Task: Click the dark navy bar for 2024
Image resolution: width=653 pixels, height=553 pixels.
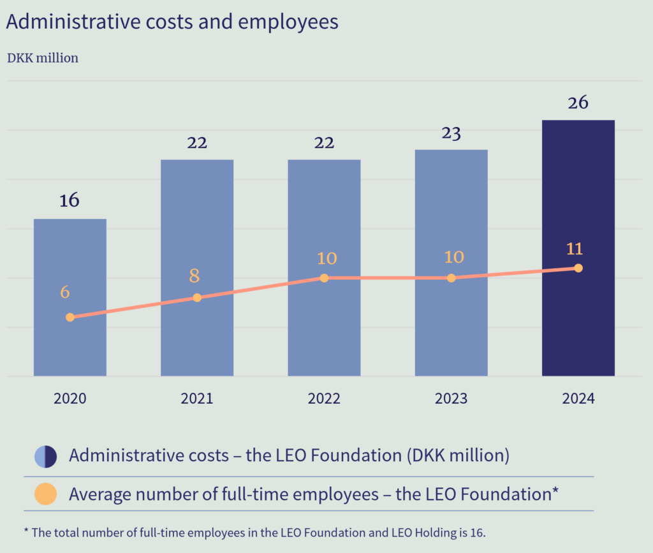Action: pos(578,191)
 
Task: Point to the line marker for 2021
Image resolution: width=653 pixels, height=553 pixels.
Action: pos(197,298)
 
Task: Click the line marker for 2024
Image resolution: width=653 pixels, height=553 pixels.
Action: pos(578,268)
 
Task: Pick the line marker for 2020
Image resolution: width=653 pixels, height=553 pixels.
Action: pos(70,317)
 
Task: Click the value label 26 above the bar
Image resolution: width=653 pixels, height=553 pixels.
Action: pos(578,103)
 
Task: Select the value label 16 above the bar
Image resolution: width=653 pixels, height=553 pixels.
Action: pos(70,200)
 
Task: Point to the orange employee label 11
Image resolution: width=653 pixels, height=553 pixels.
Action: pos(575,249)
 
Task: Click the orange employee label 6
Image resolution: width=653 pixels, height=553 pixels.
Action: pos(65,292)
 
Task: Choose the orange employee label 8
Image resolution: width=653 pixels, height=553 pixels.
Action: pos(194,276)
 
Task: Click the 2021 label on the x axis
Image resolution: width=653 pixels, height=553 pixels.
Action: pos(197,399)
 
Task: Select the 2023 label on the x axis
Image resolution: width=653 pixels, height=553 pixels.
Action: pos(451,399)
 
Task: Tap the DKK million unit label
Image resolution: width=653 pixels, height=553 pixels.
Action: pos(43,58)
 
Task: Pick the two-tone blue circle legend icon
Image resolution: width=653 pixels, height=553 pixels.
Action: pos(46,456)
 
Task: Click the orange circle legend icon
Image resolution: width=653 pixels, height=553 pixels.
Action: pos(46,494)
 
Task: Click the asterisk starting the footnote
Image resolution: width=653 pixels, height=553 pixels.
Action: pos(26,531)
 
